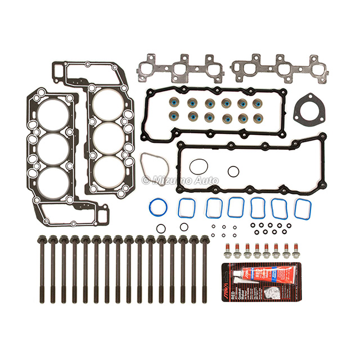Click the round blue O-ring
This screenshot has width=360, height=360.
click(x=159, y=208)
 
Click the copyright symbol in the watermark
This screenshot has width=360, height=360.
click(x=146, y=180)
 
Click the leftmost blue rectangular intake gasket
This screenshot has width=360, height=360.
click(x=187, y=208)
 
